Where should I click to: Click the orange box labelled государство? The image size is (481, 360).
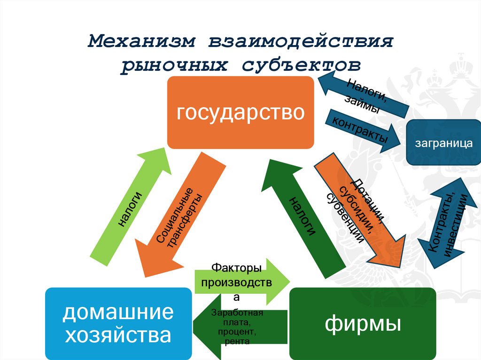click(x=240, y=113)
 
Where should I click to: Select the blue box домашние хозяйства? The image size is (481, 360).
click(x=118, y=324)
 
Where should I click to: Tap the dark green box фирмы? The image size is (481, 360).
click(x=363, y=324)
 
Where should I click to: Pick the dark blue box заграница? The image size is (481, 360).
click(x=443, y=143)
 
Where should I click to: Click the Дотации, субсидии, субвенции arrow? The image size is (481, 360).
click(x=359, y=209)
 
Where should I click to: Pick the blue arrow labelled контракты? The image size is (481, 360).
click(x=362, y=130)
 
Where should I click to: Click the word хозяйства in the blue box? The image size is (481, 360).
click(x=118, y=336)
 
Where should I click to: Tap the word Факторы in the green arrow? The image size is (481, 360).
click(x=236, y=269)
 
